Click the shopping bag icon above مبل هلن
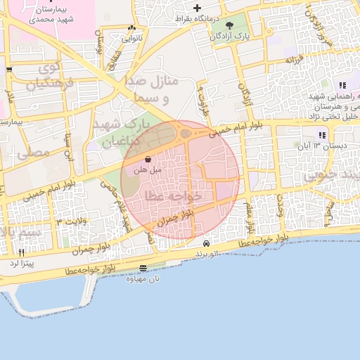156,160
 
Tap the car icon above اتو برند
205,243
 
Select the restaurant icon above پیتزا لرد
21,253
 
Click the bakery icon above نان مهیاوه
143,268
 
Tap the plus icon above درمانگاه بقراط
198,8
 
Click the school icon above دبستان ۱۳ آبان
321,135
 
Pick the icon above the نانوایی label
131,29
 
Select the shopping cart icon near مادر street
8,70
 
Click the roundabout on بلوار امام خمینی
186,132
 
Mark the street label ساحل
329,209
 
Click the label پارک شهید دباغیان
122,133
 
